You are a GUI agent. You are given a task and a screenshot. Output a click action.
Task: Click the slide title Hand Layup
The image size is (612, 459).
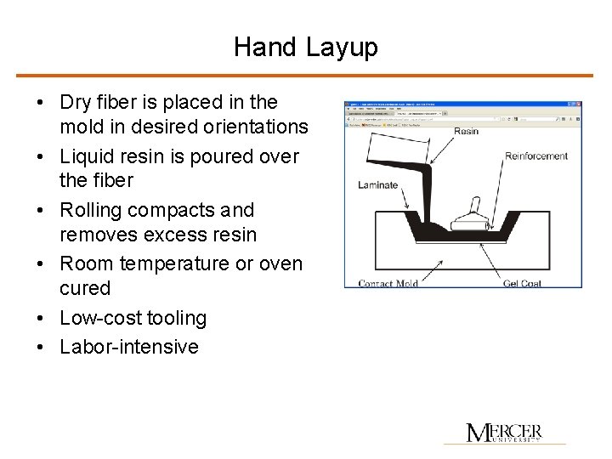305,47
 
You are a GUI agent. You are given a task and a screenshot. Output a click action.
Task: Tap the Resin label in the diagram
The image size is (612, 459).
466,131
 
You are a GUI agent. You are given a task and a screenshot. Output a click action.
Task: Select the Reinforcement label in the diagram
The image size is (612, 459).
536,156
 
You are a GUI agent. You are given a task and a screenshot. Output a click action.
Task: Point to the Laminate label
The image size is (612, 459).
377,185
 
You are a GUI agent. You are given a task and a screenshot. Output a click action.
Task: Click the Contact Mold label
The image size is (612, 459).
388,283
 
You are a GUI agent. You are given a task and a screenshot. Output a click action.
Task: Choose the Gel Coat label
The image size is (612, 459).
523,283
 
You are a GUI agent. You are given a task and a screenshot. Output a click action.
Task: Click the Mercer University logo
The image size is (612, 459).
504,433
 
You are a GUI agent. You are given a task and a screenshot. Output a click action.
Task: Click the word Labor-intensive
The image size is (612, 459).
129,347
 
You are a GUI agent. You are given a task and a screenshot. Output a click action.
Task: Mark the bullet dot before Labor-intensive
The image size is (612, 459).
41,347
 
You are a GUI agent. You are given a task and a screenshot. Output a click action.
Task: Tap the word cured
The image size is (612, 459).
85,289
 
